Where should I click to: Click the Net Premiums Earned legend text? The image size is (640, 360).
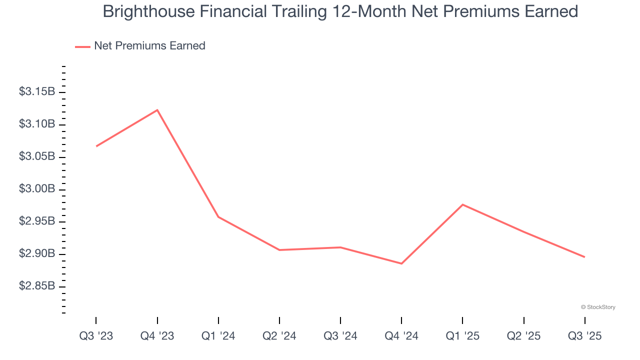point(149,46)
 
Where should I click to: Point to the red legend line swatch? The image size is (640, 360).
point(82,46)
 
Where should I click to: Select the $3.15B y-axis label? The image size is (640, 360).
point(37,92)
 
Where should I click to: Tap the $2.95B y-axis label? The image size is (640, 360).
point(37,221)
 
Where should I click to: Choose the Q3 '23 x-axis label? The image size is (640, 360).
point(96,336)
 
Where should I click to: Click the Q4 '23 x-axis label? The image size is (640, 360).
point(157,336)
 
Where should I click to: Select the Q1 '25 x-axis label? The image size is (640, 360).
point(462,336)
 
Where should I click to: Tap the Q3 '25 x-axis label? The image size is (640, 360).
point(584,336)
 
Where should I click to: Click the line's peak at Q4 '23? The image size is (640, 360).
point(157,110)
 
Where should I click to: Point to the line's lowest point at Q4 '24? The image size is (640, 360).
point(401,263)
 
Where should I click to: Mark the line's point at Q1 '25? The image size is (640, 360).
point(462,204)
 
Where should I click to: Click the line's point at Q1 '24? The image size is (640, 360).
point(218,217)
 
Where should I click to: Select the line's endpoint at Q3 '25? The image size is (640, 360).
point(584,257)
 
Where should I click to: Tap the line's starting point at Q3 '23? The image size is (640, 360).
point(96,146)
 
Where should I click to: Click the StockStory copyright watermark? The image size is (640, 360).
point(598,307)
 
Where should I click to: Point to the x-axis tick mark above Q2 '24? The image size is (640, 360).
point(279,320)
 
